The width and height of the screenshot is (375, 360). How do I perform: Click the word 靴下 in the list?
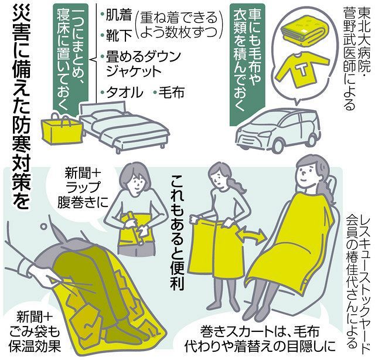[117, 36]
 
